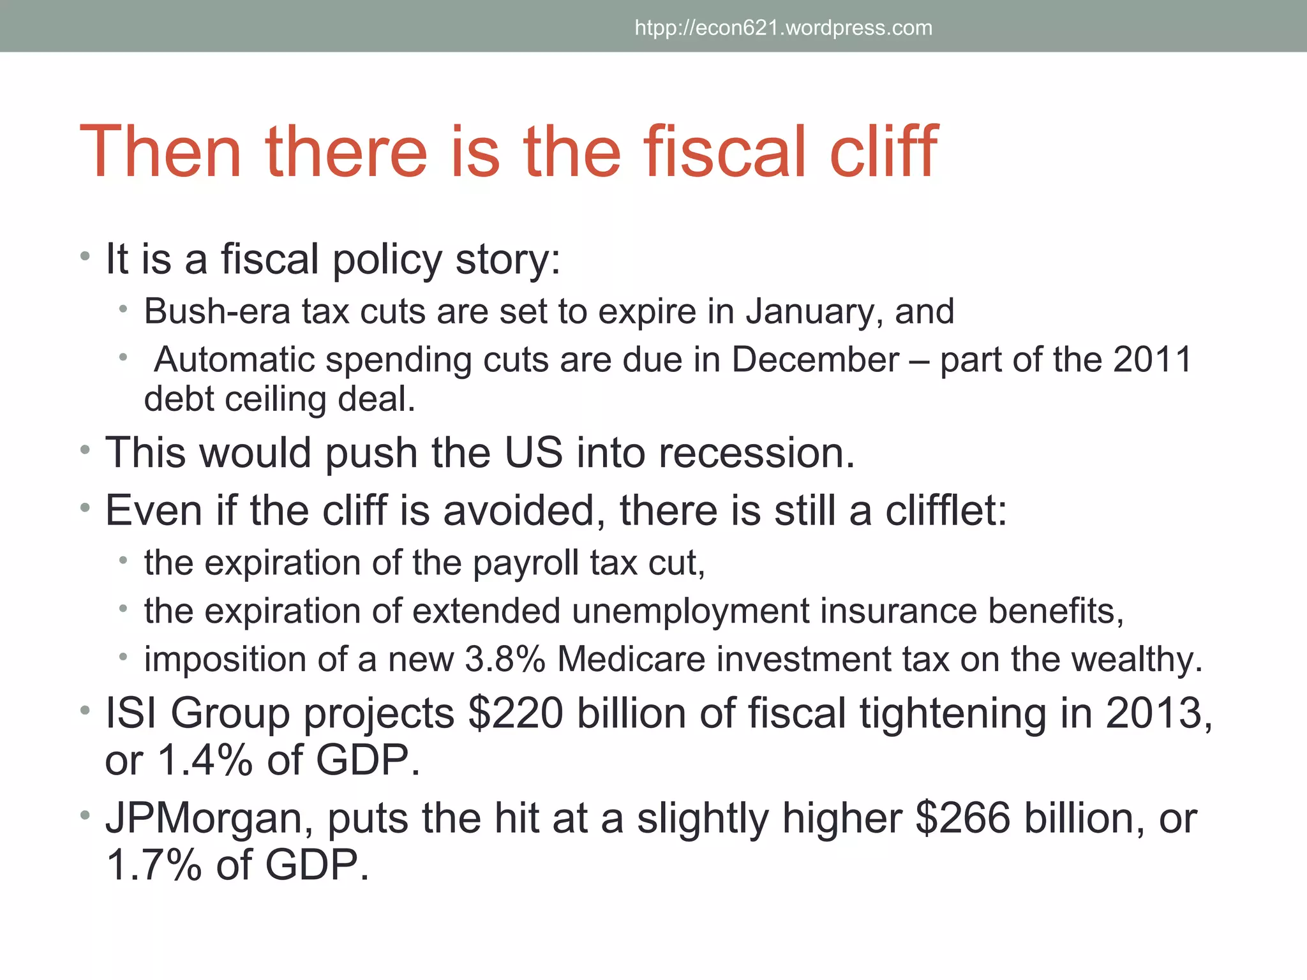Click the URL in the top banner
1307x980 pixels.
point(783,28)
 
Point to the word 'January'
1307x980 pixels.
point(814,313)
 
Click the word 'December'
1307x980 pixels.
point(815,360)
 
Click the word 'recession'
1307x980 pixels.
point(756,453)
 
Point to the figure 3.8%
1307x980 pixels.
point(505,659)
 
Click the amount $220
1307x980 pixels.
point(516,713)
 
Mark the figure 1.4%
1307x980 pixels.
point(204,761)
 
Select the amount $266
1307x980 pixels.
point(962,818)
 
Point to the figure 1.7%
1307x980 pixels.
point(153,866)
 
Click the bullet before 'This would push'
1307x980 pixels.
point(85,451)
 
